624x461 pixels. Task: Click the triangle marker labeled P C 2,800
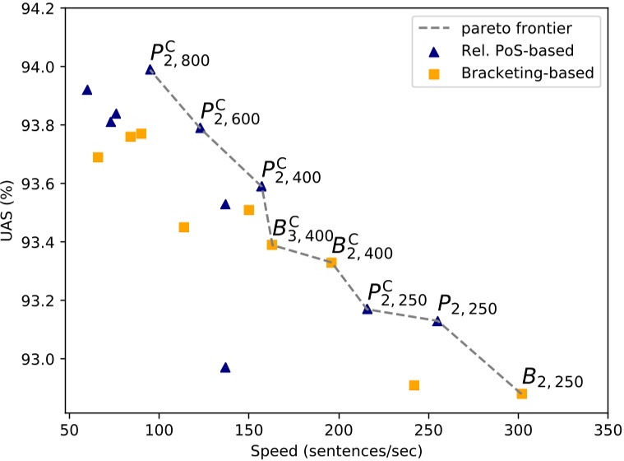click(150, 70)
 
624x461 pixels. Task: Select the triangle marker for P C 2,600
click(200, 128)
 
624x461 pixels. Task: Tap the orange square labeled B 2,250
click(521, 393)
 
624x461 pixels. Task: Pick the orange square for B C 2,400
click(331, 263)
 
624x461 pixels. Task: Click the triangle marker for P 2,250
click(437, 321)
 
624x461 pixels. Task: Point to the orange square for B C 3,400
click(272, 244)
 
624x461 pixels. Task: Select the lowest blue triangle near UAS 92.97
click(225, 367)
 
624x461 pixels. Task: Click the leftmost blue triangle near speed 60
click(87, 90)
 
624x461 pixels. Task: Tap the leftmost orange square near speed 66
click(98, 157)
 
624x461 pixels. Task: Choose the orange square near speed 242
click(414, 385)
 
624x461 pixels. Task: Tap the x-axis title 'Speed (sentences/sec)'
click(338, 449)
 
